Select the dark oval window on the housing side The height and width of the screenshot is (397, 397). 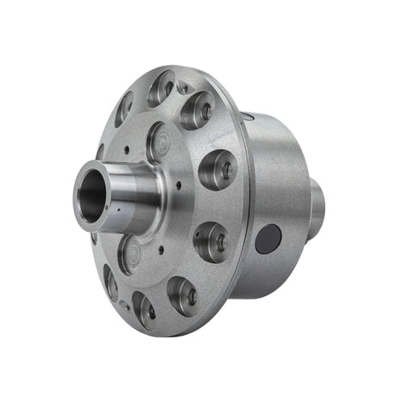tap(268, 237)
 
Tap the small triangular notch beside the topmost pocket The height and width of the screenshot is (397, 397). tap(182, 87)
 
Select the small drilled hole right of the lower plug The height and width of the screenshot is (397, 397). tap(161, 249)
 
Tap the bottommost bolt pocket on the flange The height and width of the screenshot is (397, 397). tap(142, 309)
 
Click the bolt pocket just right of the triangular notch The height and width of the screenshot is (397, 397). tap(199, 110)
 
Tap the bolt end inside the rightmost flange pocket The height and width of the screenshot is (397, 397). tap(223, 169)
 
